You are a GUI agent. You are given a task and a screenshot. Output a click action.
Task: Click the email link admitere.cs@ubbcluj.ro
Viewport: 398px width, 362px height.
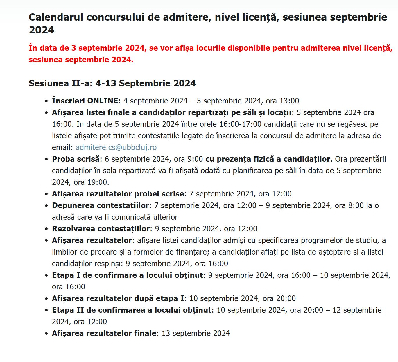point(116,147)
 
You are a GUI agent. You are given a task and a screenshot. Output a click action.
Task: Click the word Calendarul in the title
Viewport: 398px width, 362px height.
point(55,17)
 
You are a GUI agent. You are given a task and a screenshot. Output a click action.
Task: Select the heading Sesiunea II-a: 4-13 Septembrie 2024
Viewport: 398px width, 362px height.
point(112,83)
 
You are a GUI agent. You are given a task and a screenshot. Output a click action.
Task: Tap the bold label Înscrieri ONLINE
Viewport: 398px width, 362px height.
point(85,101)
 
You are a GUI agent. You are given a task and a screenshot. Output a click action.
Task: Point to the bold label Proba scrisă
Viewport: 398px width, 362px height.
point(76,159)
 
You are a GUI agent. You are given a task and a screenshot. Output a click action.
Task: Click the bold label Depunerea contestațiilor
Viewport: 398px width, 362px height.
point(101,205)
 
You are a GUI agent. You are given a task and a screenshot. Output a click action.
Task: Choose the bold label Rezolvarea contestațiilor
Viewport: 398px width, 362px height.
point(101,229)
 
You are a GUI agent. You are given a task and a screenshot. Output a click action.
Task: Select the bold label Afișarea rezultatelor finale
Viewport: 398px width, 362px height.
point(104,333)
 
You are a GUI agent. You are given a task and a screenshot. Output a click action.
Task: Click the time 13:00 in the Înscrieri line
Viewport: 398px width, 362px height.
point(289,101)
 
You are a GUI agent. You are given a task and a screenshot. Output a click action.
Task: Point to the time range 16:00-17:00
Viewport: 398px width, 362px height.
point(240,124)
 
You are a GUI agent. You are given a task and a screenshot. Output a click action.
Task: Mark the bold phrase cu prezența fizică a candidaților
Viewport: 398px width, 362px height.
point(269,159)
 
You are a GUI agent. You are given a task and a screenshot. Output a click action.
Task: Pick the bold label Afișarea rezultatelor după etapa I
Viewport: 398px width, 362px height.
point(118,298)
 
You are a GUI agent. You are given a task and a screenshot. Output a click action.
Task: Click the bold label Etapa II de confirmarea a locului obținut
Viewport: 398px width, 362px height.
point(132,310)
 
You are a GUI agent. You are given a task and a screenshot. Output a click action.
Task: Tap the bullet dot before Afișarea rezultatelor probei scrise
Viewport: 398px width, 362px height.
point(46,194)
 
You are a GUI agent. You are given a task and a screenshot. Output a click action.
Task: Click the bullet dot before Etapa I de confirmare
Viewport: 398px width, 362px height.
point(46,275)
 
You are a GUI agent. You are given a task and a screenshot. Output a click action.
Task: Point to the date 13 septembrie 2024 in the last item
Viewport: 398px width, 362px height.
point(196,333)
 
